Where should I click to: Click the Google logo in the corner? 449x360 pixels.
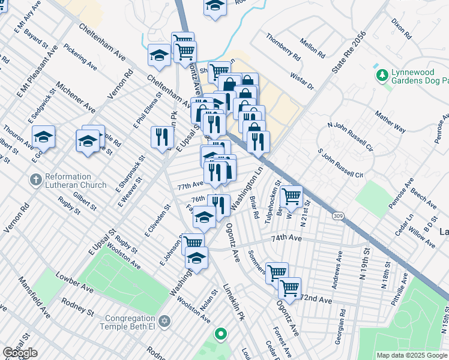[x=20, y=352]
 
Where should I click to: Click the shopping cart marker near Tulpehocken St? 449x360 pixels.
[x=291, y=196]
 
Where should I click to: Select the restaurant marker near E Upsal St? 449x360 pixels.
[x=161, y=137]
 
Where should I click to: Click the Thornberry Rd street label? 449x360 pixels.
[x=283, y=47]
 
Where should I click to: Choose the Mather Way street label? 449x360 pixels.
[x=391, y=121]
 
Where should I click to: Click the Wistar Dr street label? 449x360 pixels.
[x=302, y=80]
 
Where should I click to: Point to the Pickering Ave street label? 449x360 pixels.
[x=80, y=56]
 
